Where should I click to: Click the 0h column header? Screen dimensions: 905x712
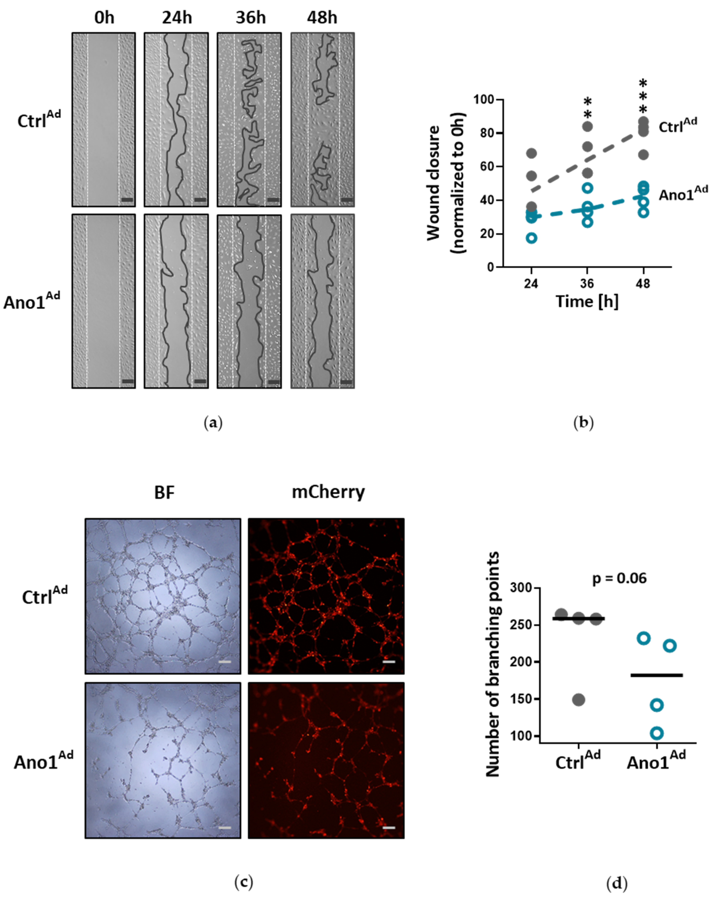pos(104,18)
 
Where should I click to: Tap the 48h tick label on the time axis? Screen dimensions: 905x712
pos(643,284)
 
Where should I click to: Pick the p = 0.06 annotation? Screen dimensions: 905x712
pos(619,578)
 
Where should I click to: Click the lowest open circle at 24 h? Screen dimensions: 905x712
pos(531,238)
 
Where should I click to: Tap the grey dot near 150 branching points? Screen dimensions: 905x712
pos(579,700)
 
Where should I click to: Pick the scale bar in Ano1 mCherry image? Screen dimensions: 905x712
pos(388,827)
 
